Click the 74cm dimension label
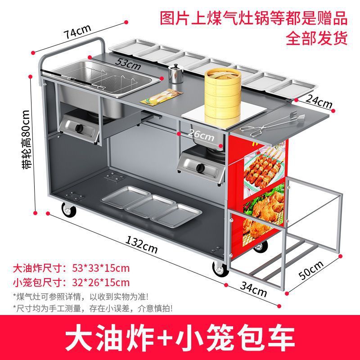point(77,32)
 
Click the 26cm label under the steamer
point(201,134)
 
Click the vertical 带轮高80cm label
point(26,140)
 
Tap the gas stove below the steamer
point(199,166)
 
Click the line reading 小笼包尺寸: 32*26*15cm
point(71,283)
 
